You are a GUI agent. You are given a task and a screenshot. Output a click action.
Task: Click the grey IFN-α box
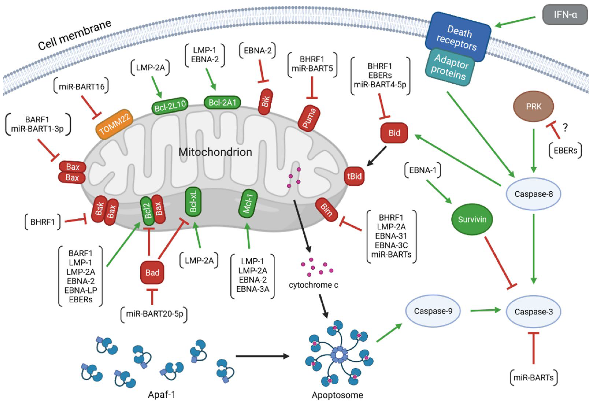[565, 15]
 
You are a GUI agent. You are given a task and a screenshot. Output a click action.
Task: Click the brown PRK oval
[533, 106]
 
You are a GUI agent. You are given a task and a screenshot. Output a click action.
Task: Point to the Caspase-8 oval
[533, 194]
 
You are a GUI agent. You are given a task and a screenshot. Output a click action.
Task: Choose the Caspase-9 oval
[433, 311]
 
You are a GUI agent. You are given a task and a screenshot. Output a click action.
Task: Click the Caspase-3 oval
[533, 312]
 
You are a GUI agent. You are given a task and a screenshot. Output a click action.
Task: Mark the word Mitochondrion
[215, 152]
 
